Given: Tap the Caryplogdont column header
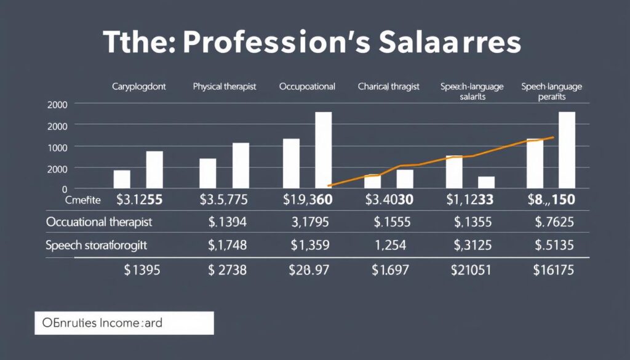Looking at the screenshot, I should click(x=138, y=87).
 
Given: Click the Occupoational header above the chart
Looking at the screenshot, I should click(x=307, y=87).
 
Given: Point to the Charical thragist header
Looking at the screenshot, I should click(x=388, y=87).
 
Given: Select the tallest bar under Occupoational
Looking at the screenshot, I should click(x=323, y=150).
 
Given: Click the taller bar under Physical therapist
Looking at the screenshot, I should click(x=241, y=165).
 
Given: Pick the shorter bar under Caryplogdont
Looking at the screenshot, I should click(x=122, y=178).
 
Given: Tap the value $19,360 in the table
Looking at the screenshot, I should click(x=307, y=199).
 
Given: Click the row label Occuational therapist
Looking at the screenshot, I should click(x=99, y=222).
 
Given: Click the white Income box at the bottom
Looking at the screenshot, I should click(x=122, y=322).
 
